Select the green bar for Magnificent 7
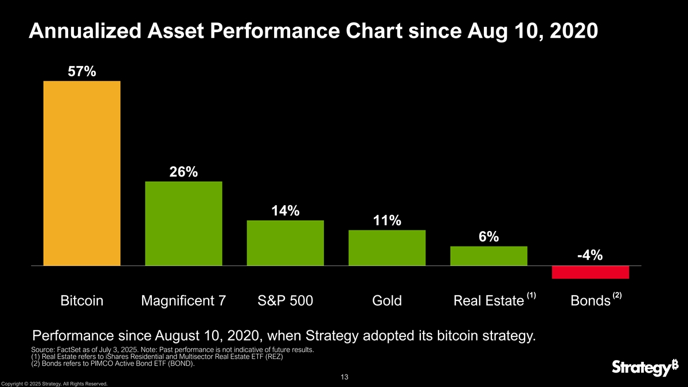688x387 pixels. (183, 224)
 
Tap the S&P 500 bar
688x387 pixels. (285, 243)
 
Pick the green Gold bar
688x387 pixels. (387, 248)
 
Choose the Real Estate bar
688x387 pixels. (488, 256)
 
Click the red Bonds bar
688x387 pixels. (591, 272)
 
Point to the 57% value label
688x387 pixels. (82, 72)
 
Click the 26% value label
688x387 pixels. (183, 172)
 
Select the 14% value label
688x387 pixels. (285, 211)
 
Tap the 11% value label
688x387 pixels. (387, 221)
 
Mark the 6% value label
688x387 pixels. (488, 237)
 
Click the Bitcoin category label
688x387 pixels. (82, 301)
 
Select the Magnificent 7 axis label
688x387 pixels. (183, 301)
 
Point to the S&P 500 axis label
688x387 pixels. (285, 301)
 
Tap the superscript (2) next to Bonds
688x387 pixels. (617, 295)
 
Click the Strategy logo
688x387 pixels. (640, 368)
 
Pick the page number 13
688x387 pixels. (344, 377)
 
